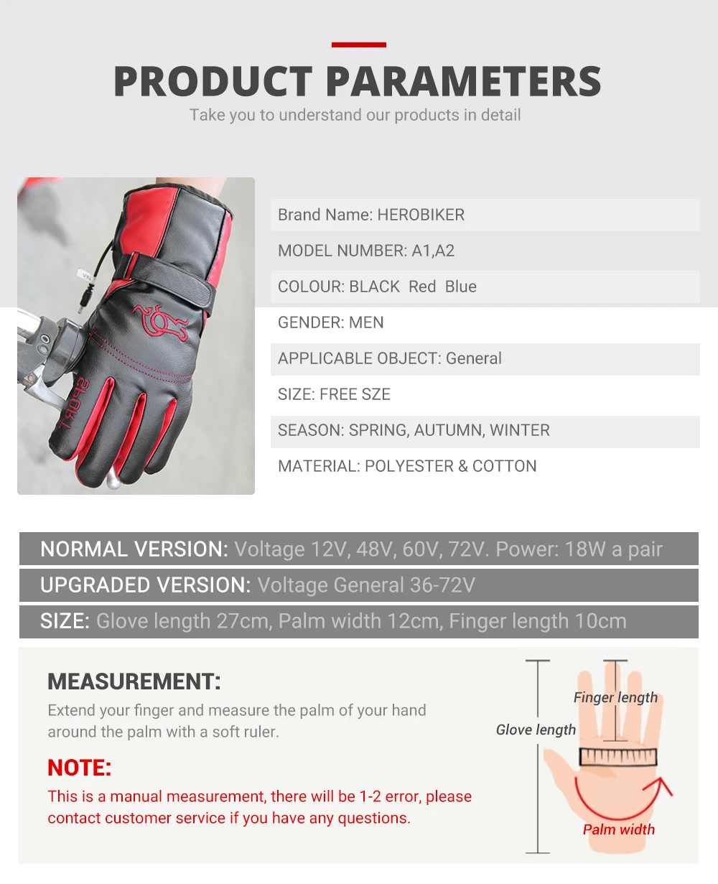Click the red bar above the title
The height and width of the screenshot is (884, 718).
358,45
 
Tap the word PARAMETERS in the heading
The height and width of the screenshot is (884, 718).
464,81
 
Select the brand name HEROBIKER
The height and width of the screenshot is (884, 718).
421,215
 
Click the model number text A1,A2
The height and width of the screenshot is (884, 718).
433,251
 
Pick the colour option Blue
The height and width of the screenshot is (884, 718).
461,287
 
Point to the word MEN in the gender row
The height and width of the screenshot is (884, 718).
366,322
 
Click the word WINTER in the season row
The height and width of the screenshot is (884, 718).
520,430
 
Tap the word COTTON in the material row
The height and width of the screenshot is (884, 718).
504,466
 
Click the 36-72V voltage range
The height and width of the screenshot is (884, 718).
442,585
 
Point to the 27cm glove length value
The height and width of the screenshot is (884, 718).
244,621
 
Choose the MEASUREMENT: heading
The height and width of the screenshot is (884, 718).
134,681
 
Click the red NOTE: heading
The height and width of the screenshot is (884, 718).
79,768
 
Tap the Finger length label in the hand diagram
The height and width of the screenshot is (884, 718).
615,697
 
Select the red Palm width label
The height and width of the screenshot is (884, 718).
619,829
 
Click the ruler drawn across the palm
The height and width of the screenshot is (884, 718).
618,757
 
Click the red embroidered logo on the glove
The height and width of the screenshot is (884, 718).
160,320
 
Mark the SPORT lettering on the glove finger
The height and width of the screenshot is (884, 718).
74,404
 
